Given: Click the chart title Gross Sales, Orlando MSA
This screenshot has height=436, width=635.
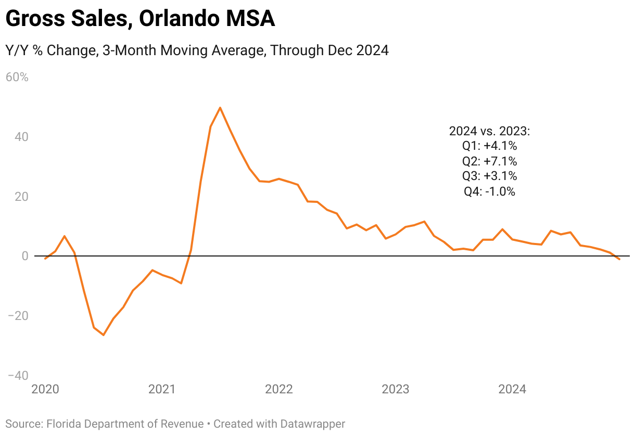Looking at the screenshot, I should pos(140,20).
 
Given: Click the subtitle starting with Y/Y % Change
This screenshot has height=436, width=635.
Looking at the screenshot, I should pos(197,50).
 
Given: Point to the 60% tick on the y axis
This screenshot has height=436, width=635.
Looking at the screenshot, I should pos(17,78).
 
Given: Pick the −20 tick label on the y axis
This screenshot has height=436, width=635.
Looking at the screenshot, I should pos(17,316).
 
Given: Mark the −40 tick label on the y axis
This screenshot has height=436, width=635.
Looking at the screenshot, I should pos(17,376).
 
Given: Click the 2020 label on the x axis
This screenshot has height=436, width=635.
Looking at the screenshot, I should pos(45,389).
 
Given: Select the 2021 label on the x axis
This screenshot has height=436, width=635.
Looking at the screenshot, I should pos(162,389).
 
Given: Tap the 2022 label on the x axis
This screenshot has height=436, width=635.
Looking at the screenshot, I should pos(279,389).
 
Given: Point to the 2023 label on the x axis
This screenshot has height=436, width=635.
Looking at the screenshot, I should pos(396,389).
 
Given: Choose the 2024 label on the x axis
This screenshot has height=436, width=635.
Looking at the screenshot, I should pos(512,389).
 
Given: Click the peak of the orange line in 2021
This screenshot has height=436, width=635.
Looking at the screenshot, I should pos(220,108).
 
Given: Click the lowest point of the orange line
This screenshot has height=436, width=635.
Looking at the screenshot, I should pos(104,335).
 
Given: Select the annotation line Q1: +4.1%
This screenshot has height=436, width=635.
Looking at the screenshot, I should pos(489,146).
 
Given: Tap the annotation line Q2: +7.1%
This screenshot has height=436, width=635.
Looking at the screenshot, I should pos(489,161).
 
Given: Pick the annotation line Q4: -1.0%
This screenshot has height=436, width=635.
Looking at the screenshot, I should pos(489,191).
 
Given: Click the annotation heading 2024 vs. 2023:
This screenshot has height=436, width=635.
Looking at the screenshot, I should pos(489,131).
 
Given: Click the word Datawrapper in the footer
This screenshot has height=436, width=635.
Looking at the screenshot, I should pos(314,424).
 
